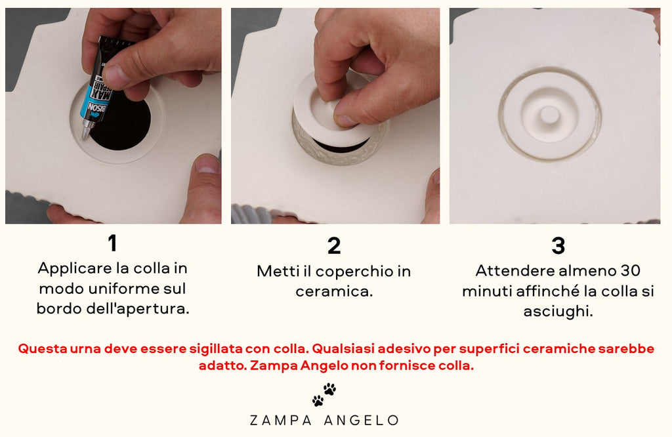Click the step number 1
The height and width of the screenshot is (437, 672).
[x=112, y=243]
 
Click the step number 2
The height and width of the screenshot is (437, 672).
[x=334, y=246]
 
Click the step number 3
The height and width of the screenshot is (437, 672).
[x=558, y=246]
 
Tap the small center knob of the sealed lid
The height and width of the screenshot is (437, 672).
[x=549, y=115]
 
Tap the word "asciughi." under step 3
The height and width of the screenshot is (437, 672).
[x=558, y=312]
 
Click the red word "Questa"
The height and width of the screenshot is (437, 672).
[x=43, y=348]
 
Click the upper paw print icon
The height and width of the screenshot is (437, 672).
[x=329, y=389]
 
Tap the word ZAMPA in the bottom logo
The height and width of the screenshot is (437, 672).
[x=281, y=421]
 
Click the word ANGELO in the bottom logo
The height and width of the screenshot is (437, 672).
[x=362, y=421]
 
